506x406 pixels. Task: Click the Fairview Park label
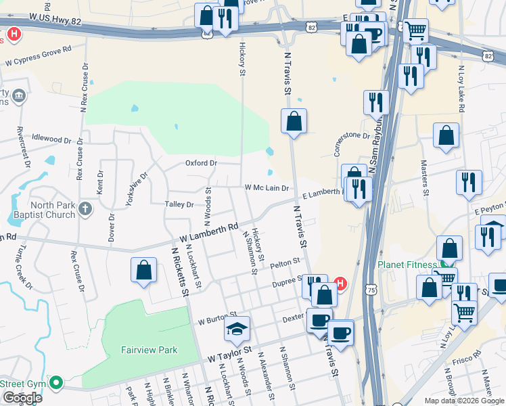(x=149, y=350)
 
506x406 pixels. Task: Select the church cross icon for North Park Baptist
(x=85, y=209)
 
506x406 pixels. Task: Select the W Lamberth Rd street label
(x=210, y=234)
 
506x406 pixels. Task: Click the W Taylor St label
(x=229, y=354)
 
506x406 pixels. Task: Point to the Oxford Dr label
(x=201, y=163)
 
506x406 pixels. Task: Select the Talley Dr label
(x=179, y=204)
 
